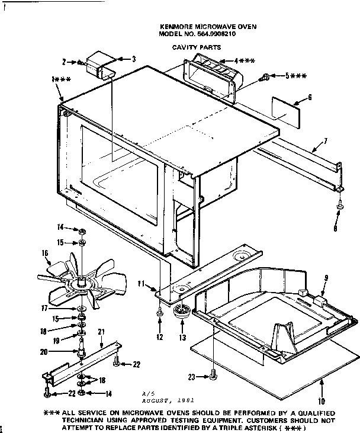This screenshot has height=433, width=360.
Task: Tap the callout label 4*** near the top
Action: tap(244, 60)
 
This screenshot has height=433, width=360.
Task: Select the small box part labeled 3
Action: tap(99, 63)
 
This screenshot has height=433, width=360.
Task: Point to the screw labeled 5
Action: tap(266, 76)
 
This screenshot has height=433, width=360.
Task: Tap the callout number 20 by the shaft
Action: tap(60, 351)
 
